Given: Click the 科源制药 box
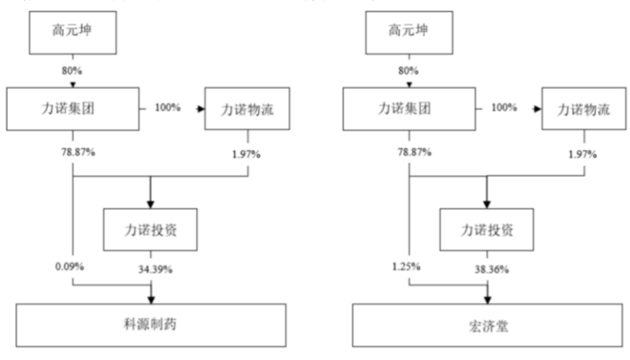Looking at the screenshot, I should [x=151, y=326].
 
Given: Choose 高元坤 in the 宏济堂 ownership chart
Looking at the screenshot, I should [x=408, y=32].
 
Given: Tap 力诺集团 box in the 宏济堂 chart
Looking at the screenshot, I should [x=408, y=109].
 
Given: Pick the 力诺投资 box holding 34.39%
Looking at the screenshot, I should [x=151, y=230].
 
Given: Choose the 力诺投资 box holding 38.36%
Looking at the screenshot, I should [x=487, y=230].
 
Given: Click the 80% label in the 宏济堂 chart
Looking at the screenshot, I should [x=408, y=70].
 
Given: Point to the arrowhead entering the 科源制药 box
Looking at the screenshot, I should [x=151, y=299].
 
